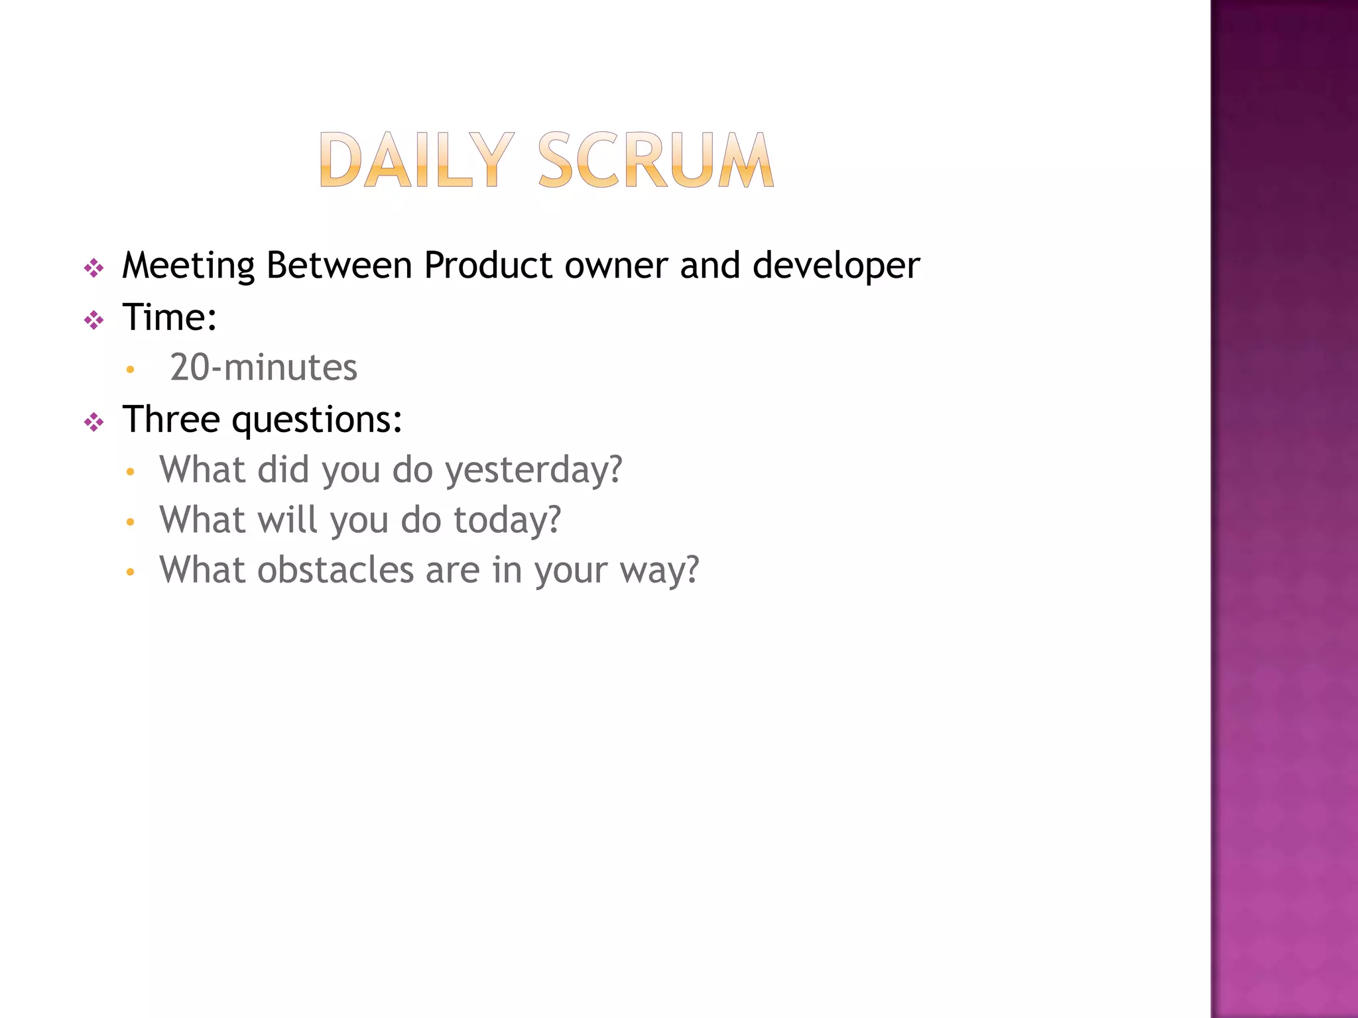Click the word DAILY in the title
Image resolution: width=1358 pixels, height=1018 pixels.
[416, 160]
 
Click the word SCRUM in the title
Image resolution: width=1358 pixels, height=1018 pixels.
[655, 160]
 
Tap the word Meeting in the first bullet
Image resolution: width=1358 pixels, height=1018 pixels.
[188, 266]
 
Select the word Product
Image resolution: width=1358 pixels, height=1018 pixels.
[488, 265]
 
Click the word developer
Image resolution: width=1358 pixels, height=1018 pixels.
[835, 266]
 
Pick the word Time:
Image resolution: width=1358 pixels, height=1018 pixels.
[170, 317]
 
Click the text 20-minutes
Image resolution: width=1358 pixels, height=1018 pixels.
[263, 368]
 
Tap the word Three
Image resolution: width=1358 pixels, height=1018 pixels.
[171, 419]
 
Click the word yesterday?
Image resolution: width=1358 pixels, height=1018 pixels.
[533, 471]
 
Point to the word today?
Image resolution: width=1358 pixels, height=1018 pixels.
[507, 520]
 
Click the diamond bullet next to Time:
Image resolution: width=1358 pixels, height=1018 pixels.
[94, 321]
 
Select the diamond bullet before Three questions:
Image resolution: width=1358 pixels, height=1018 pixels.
[94, 422]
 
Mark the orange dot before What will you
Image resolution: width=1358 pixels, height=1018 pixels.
[130, 522]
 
